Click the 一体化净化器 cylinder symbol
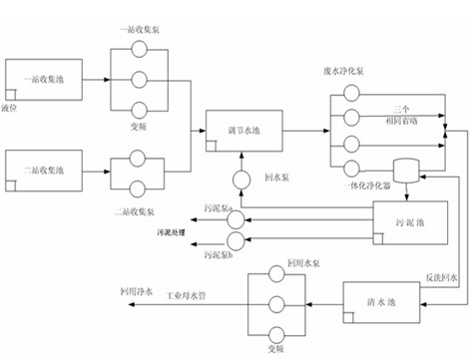[406, 172]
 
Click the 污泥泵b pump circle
[236, 239]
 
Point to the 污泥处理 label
[171, 231]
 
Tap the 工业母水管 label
[187, 295]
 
